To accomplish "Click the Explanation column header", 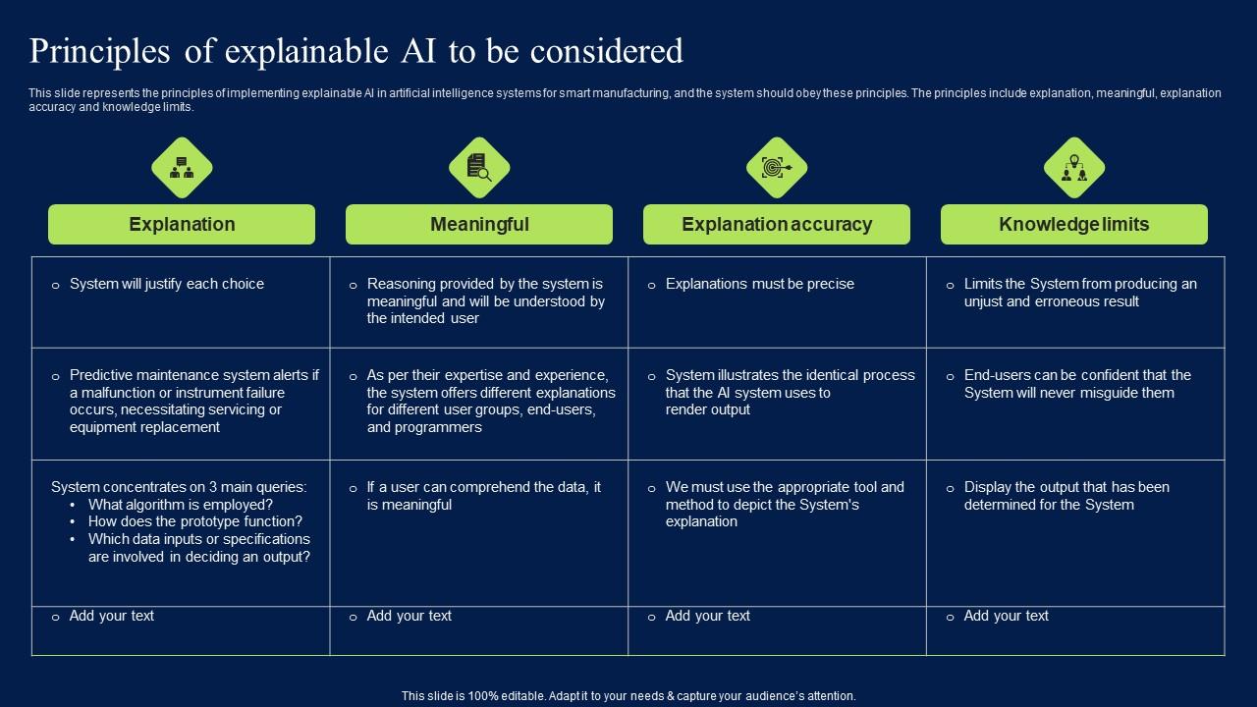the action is pyautogui.click(x=182, y=225).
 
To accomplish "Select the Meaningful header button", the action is pyautogui.click(x=479, y=225).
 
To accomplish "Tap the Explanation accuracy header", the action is pyautogui.click(x=777, y=225).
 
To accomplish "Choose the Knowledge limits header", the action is pyautogui.click(x=1074, y=225).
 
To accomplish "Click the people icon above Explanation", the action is pyautogui.click(x=182, y=168).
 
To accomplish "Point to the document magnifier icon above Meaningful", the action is pyautogui.click(x=479, y=168).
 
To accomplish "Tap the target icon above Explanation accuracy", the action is pyautogui.click(x=777, y=168).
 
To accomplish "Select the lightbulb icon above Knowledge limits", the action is pyautogui.click(x=1074, y=168).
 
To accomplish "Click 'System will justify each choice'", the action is pyautogui.click(x=167, y=284).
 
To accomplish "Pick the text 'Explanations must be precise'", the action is pyautogui.click(x=760, y=284).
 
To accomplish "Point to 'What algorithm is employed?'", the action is pyautogui.click(x=180, y=505).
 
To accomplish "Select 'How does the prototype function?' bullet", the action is pyautogui.click(x=194, y=521).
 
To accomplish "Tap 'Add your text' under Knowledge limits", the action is pyautogui.click(x=1006, y=616).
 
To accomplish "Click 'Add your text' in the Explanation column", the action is pyautogui.click(x=111, y=616).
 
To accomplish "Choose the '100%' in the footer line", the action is pyautogui.click(x=483, y=696).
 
